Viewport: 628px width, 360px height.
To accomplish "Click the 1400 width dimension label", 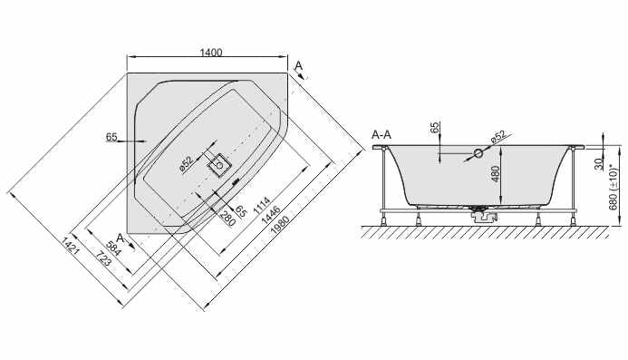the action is (211, 53).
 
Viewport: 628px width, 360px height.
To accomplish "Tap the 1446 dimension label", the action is (270, 215).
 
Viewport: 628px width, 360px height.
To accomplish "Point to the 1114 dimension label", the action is (262, 205).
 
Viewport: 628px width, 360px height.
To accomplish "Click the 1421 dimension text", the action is (70, 247).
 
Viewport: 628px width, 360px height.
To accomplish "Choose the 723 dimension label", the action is (102, 259).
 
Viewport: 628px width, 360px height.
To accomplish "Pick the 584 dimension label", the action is (113, 248).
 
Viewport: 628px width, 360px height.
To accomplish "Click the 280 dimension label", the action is (227, 218).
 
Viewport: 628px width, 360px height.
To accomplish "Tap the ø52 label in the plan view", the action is (187, 163).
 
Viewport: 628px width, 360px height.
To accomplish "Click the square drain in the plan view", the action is (218, 165).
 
